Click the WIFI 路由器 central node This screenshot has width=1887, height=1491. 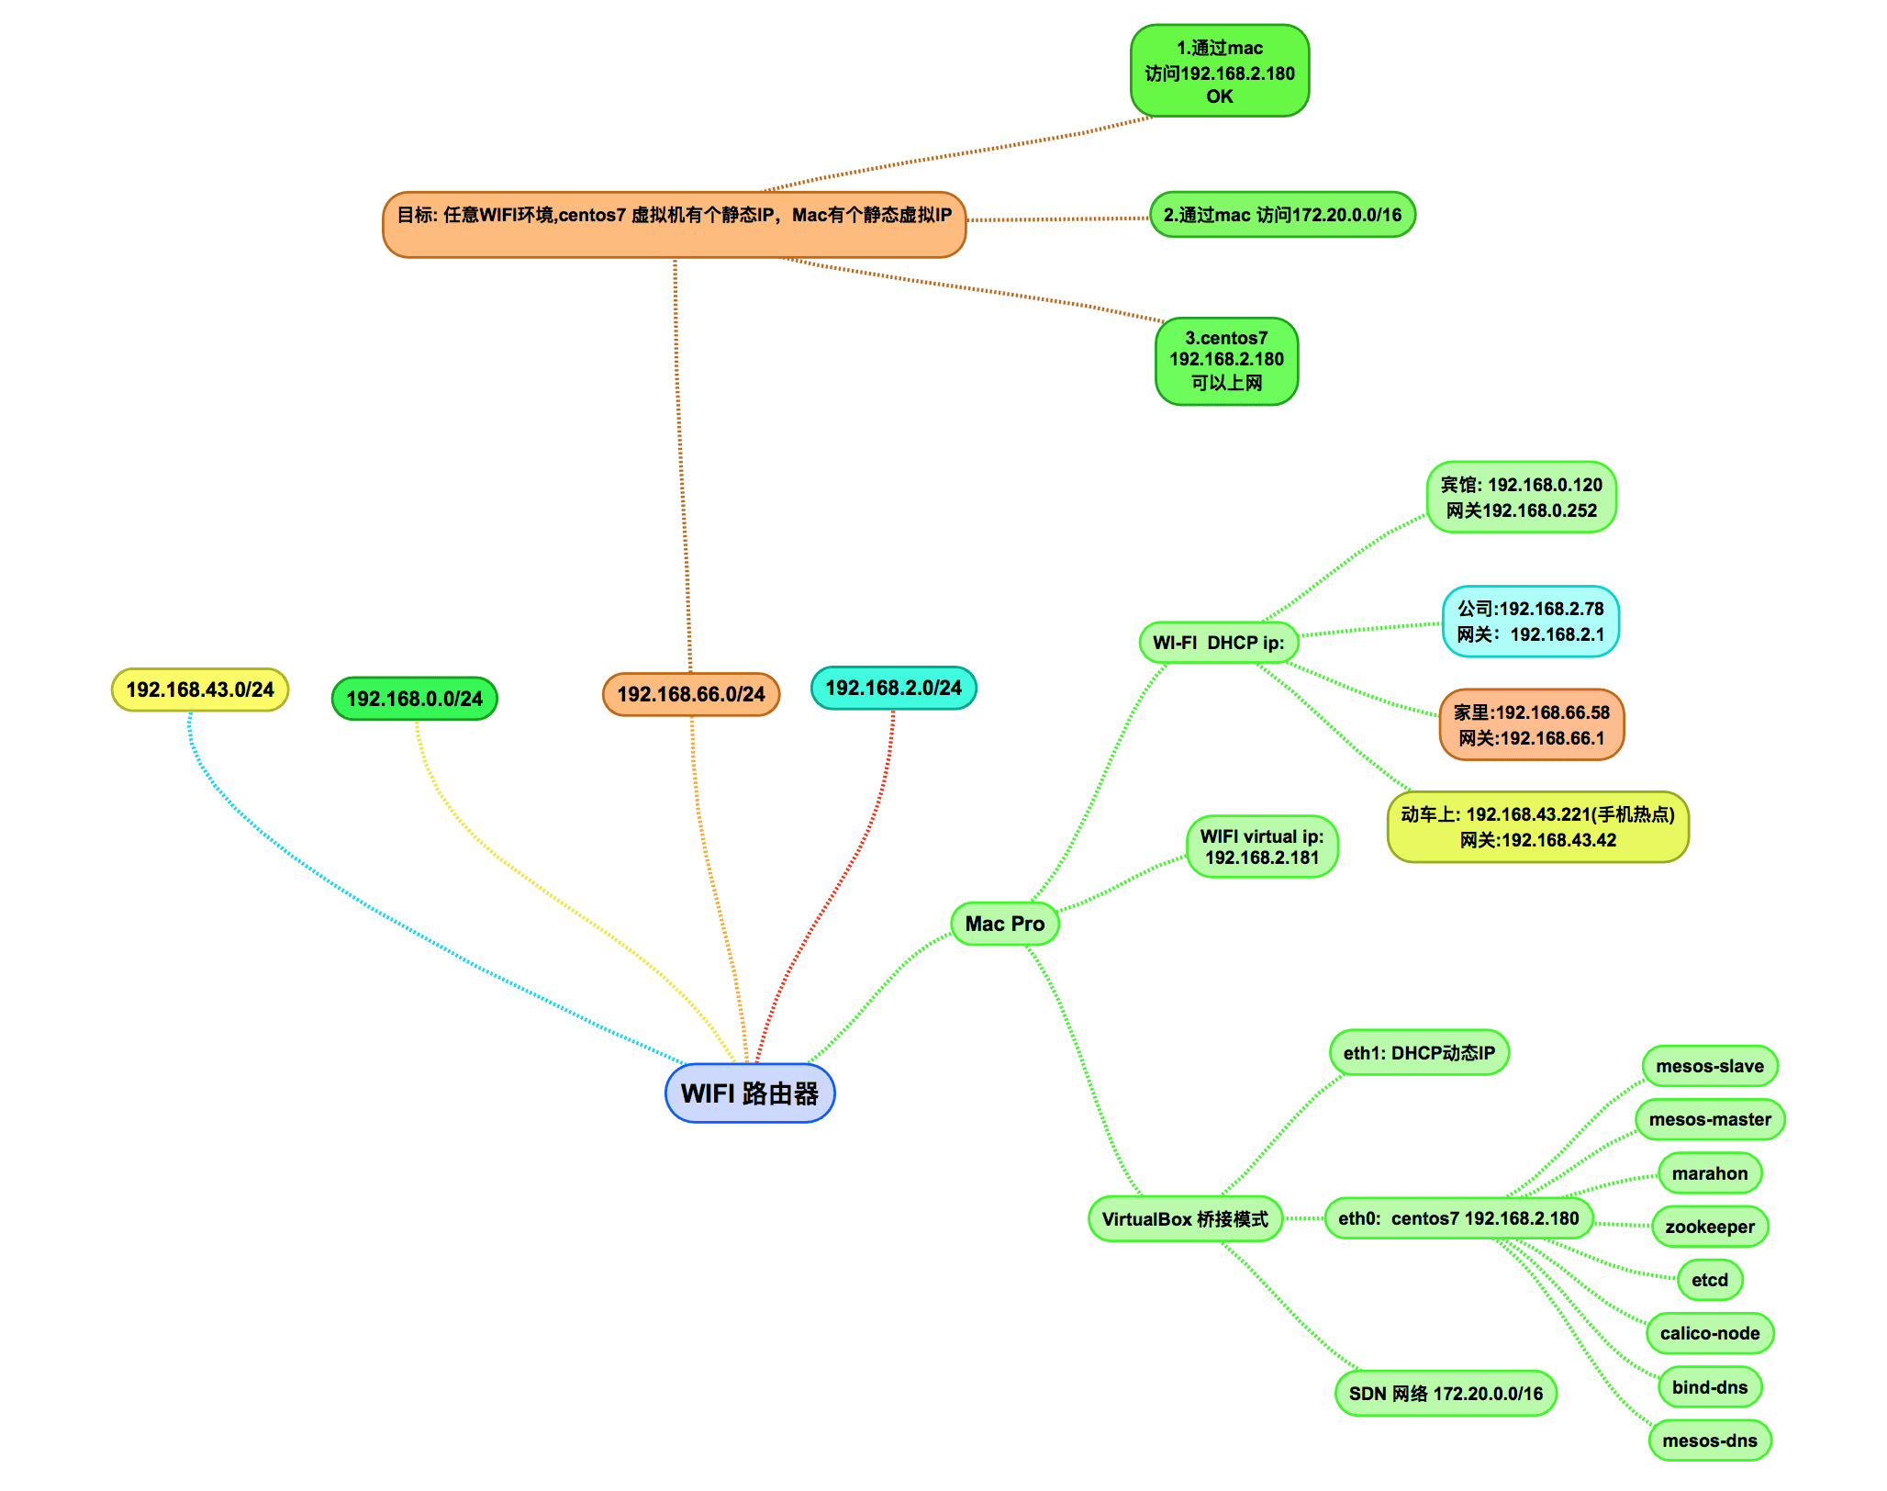[x=749, y=1093]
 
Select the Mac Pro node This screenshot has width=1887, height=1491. [x=1004, y=924]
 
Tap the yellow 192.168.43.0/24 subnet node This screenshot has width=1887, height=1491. [x=199, y=689]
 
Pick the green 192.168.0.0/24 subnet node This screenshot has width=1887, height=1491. [x=414, y=699]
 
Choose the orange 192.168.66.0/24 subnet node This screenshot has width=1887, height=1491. [x=690, y=694]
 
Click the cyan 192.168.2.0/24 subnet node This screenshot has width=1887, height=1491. [x=893, y=688]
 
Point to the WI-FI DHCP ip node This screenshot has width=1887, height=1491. [x=1218, y=643]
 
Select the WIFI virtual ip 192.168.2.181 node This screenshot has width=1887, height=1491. [x=1261, y=846]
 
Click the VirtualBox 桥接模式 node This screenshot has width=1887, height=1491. [x=1184, y=1219]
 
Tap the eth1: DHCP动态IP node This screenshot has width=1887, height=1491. [x=1418, y=1053]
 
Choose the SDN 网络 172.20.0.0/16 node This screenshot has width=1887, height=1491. [x=1445, y=1394]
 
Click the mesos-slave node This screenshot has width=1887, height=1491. [x=1709, y=1066]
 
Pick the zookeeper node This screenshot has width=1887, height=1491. [x=1709, y=1227]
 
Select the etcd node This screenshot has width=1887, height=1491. [x=1709, y=1280]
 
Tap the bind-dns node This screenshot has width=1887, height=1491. [x=1709, y=1387]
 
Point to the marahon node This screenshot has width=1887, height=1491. [x=1709, y=1173]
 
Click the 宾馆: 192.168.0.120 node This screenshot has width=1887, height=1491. [x=1521, y=498]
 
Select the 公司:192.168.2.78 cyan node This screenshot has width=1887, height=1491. [x=1530, y=622]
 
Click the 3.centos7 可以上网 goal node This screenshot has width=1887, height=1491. [x=1225, y=361]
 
